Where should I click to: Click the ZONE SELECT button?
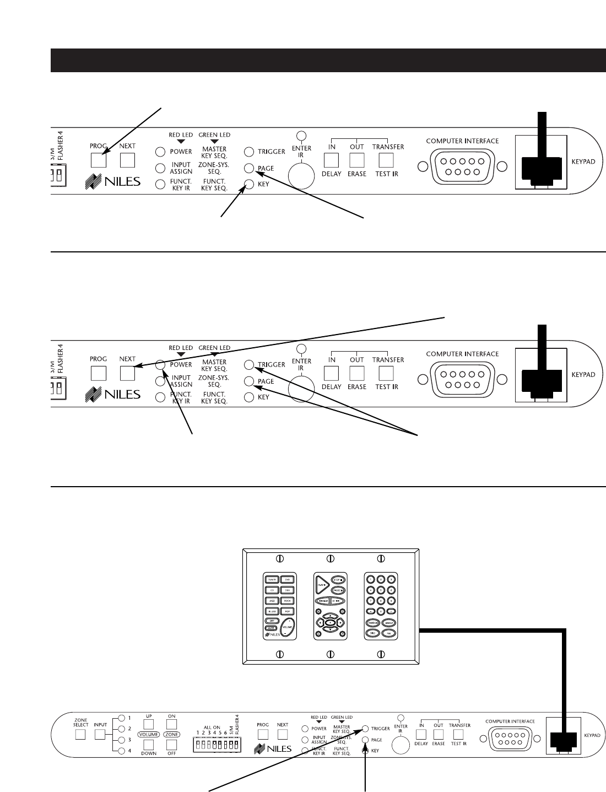pyautogui.click(x=81, y=735)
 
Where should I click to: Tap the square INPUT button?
pyautogui.click(x=100, y=735)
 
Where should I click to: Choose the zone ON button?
pyautogui.click(x=171, y=724)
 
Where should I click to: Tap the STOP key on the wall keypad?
pyautogui.click(x=337, y=580)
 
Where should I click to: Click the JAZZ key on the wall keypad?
pyautogui.click(x=272, y=600)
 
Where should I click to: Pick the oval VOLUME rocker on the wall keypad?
pyautogui.click(x=287, y=627)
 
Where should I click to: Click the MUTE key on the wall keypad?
pyautogui.click(x=271, y=628)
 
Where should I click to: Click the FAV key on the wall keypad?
pyautogui.click(x=388, y=633)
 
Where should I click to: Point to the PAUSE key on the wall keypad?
pyautogui.click(x=337, y=590)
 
